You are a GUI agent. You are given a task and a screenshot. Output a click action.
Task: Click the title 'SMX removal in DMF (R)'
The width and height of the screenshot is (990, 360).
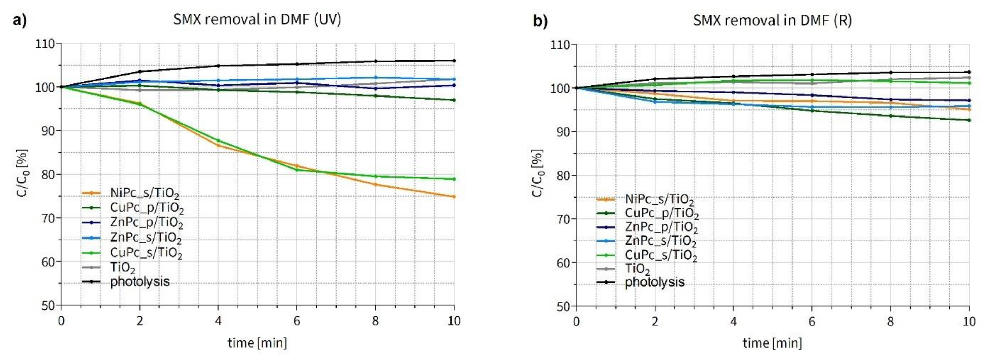click(x=772, y=20)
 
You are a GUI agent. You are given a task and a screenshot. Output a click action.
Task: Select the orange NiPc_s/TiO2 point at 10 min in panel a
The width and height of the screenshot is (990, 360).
click(x=454, y=197)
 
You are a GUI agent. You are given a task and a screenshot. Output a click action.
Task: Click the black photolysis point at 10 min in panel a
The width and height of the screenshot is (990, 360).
click(x=454, y=61)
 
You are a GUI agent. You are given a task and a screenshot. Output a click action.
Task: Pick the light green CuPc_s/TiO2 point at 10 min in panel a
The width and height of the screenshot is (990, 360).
click(x=454, y=179)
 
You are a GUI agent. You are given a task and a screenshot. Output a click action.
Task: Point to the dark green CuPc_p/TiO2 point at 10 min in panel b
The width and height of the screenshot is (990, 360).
click(x=969, y=120)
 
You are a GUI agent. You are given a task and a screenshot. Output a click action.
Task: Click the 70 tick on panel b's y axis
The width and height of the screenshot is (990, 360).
click(x=563, y=219)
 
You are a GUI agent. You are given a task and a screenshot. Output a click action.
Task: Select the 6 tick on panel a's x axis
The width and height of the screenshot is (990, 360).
click(x=297, y=320)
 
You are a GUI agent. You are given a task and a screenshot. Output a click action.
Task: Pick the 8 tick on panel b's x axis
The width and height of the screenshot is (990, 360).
click(x=891, y=321)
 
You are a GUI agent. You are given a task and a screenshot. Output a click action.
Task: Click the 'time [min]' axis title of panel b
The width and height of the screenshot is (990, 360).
click(x=772, y=343)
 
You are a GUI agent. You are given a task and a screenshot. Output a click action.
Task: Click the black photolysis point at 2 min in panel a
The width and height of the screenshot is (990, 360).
click(x=139, y=72)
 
